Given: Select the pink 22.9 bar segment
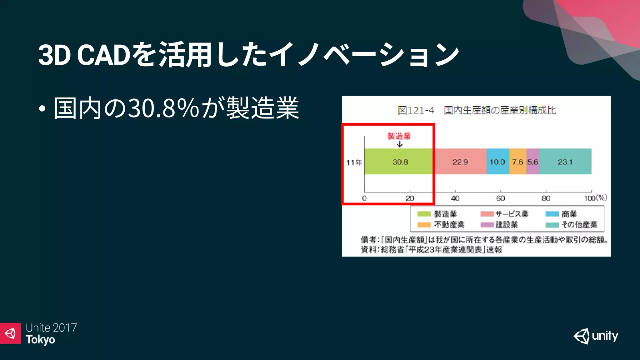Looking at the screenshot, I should (x=460, y=162).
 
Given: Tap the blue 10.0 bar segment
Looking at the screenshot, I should (x=497, y=162).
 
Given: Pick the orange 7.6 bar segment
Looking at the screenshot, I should (x=517, y=162).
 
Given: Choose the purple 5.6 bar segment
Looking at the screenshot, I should (x=532, y=162).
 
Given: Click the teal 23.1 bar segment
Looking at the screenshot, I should (x=565, y=162).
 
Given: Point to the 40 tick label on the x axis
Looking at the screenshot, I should (x=455, y=198).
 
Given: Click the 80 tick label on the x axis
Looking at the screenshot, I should (x=546, y=198).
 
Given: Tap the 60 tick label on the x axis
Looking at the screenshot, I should (x=501, y=198).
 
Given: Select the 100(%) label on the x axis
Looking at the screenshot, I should (x=596, y=198).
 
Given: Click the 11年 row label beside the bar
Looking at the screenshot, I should (x=354, y=162).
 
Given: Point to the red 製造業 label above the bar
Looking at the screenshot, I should (x=399, y=136).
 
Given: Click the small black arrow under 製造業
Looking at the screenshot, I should (x=399, y=144).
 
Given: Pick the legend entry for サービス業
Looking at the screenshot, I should (x=505, y=214).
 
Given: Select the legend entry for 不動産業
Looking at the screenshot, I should (x=441, y=225).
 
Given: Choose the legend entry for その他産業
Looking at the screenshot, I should (x=572, y=225).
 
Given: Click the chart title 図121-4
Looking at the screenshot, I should (x=416, y=110).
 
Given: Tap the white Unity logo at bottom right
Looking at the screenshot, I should (x=596, y=336).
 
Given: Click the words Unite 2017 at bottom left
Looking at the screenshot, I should (x=51, y=327).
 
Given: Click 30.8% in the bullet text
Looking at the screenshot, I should (x=163, y=108).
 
